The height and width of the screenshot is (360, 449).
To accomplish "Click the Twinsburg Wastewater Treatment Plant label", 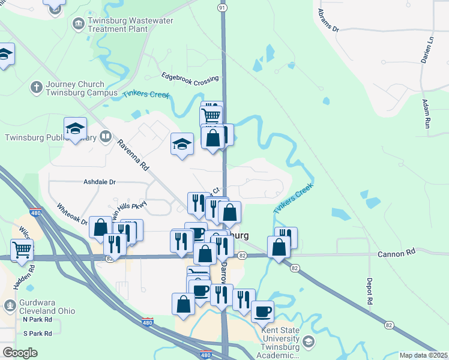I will (x=122, y=25).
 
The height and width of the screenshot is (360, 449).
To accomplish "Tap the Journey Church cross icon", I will (x=36, y=88).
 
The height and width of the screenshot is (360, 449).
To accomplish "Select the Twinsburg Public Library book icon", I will (x=106, y=137).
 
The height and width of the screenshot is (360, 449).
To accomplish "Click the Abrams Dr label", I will (x=328, y=20).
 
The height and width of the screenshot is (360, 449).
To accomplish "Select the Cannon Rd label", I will (x=397, y=254).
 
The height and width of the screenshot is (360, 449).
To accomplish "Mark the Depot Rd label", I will (x=370, y=290).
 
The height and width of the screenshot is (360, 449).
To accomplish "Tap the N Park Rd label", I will (x=38, y=320).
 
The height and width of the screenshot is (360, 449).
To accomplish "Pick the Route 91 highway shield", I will (x=223, y=7).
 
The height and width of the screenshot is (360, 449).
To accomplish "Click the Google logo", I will (x=20, y=353).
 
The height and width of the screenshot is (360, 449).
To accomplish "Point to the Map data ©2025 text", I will (x=423, y=355).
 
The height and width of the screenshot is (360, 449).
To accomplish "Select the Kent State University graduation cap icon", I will (x=309, y=342).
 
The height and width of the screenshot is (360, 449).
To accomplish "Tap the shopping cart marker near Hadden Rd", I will (x=22, y=248).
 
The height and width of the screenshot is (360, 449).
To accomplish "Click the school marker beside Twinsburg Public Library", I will (x=76, y=128).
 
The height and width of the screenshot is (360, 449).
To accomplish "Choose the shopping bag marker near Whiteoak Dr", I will (x=100, y=227).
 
